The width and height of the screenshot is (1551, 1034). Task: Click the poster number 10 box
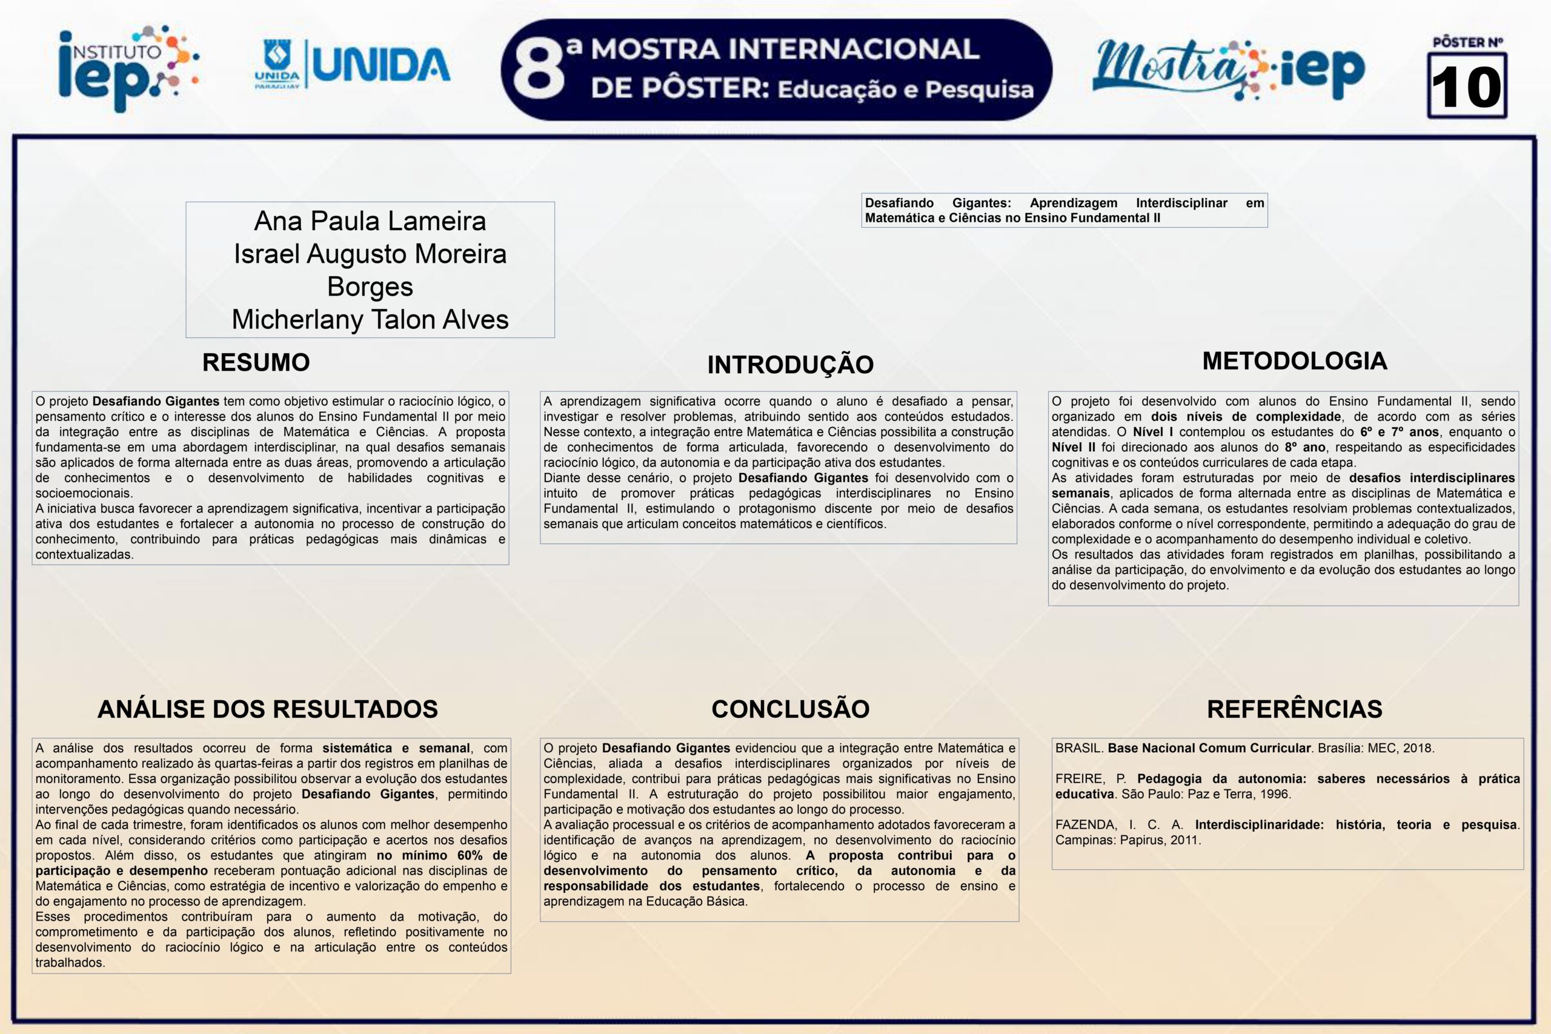[1467, 86]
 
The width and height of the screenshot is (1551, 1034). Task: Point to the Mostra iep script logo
[1228, 70]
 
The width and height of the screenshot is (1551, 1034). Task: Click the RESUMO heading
[256, 363]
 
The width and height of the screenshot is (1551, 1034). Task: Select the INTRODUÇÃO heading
[790, 365]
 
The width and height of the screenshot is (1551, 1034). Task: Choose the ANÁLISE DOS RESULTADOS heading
[268, 709]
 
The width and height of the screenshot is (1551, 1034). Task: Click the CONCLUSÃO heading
[790, 709]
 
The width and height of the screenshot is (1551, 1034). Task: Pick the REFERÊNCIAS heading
[1295, 709]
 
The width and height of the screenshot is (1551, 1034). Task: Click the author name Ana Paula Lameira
[370, 221]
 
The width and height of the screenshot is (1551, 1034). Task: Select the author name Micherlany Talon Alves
[370, 320]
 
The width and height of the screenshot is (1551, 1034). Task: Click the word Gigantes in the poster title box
[981, 203]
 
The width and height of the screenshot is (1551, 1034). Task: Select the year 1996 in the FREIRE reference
[1274, 795]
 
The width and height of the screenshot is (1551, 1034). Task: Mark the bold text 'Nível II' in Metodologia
[1074, 448]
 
